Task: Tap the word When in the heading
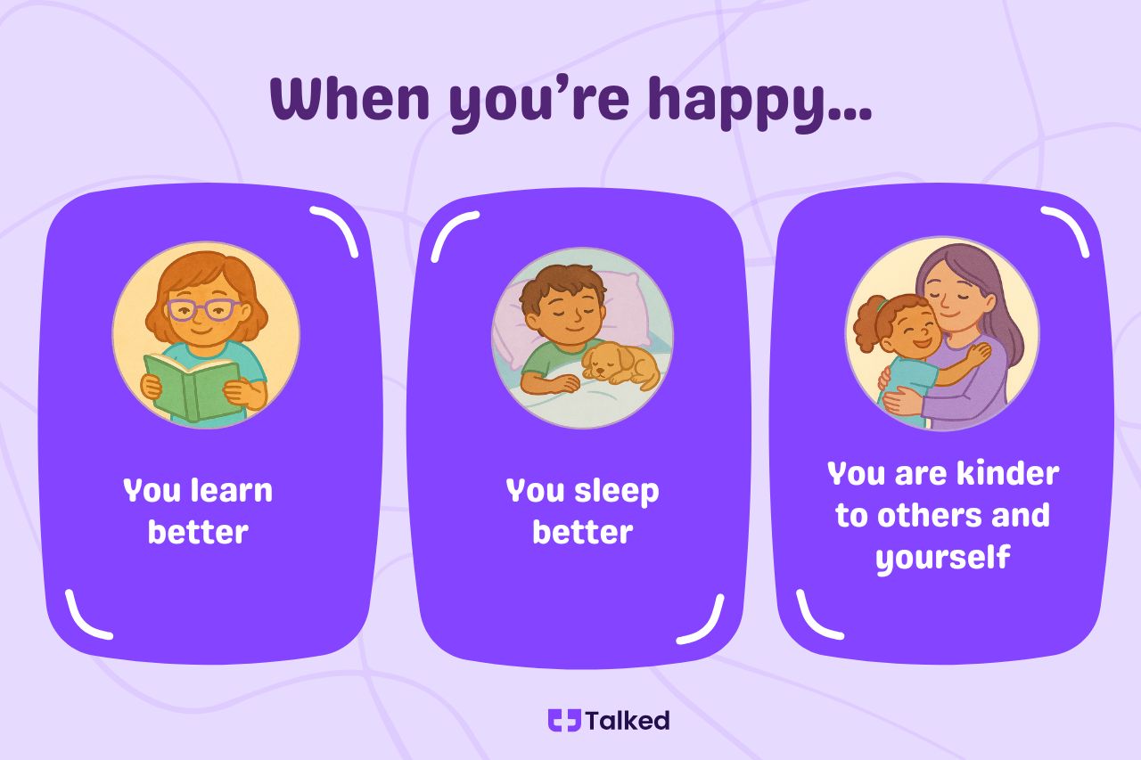pos(350,98)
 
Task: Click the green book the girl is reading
pos(192,388)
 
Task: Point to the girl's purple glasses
pos(204,309)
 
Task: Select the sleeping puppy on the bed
pos(621,365)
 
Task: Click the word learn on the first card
pos(231,490)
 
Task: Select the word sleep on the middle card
pos(617,492)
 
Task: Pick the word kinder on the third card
pos(1008,474)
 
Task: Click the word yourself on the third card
pos(943,559)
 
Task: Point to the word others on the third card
pos(928,516)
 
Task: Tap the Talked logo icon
pos(564,720)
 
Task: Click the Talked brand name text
pos(628,720)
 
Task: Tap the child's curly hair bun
pos(868,323)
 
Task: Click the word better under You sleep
pos(583,533)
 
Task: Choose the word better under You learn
pos(198,533)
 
